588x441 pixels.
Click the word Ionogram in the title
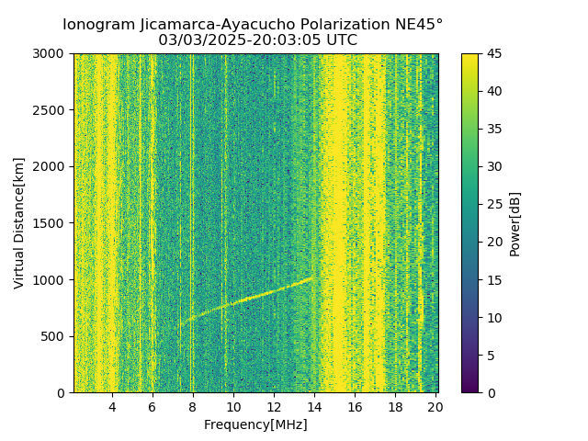tap(98, 24)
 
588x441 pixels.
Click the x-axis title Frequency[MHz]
tap(255, 424)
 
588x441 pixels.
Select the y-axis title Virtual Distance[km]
tap(19, 222)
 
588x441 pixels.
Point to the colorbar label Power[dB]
tap(515, 223)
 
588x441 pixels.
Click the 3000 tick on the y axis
tap(51, 53)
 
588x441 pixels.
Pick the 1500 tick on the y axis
tap(51, 223)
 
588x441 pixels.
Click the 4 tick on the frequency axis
tap(112, 407)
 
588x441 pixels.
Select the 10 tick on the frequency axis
tap(233, 407)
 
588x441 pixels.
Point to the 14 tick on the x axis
tap(314, 407)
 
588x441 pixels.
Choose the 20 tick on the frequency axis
tap(435, 407)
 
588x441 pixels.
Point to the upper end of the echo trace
tap(313, 277)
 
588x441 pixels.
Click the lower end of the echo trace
tap(181, 323)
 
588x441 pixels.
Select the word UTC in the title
tap(340, 40)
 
